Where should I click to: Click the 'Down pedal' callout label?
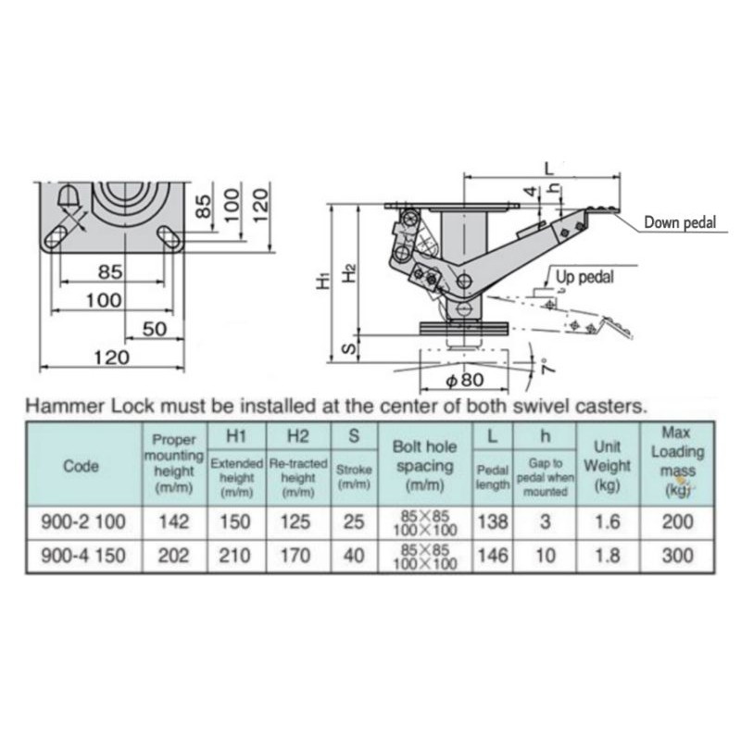pos(680,222)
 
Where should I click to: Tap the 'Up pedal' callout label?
pos(584,277)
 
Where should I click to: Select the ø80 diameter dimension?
pos(466,380)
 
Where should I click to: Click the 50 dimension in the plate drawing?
pos(155,329)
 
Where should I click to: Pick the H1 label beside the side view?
pos(323,280)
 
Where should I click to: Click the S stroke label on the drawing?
pos(349,349)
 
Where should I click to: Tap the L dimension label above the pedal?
pos(548,168)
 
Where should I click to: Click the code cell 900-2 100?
pos(83,522)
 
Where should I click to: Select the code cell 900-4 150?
pos(83,556)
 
